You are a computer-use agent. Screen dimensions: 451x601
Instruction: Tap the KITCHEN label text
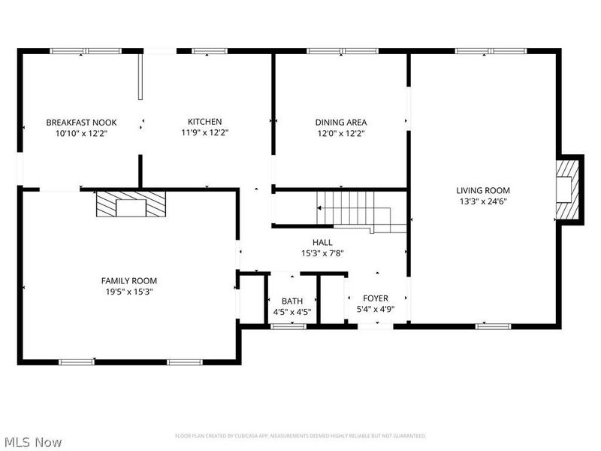pyautogui.click(x=204, y=122)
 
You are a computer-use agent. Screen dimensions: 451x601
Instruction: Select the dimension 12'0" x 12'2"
pyautogui.click(x=340, y=133)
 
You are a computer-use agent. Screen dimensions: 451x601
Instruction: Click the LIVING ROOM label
pyautogui.click(x=483, y=190)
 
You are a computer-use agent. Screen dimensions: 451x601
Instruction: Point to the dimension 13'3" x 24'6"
pyautogui.click(x=483, y=201)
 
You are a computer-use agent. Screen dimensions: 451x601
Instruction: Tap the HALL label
pyautogui.click(x=322, y=242)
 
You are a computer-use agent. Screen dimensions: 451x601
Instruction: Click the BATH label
pyautogui.click(x=292, y=300)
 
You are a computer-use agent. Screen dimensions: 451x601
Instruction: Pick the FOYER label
pyautogui.click(x=375, y=298)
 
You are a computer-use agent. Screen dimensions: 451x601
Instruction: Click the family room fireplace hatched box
pyautogui.click(x=130, y=204)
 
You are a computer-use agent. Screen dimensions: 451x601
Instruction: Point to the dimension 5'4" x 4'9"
pyautogui.click(x=375, y=309)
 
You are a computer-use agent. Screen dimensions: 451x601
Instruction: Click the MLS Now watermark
pyautogui.click(x=33, y=442)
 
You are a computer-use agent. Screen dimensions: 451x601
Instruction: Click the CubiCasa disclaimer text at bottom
pyautogui.click(x=300, y=436)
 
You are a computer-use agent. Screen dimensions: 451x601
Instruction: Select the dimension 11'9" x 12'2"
pyautogui.click(x=204, y=133)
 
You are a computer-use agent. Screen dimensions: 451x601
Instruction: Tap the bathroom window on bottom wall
pyautogui.click(x=288, y=326)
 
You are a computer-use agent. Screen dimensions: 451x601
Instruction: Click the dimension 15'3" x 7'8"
pyautogui.click(x=322, y=253)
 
